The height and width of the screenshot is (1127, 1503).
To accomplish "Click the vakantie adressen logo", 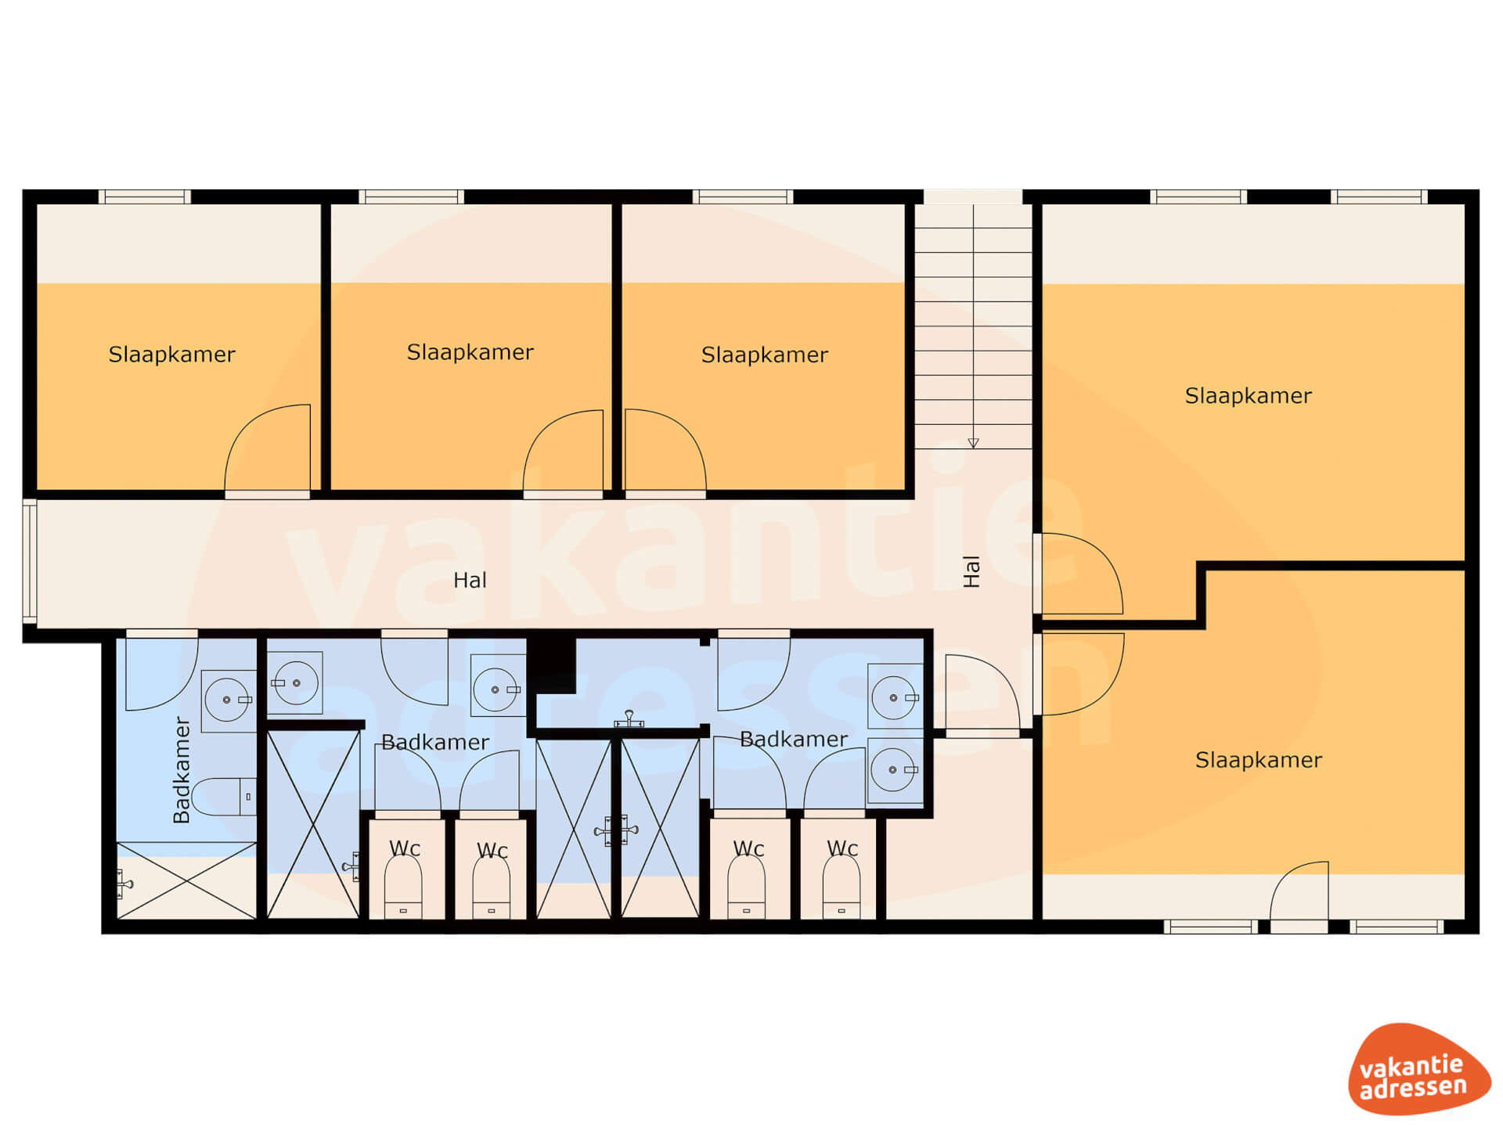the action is coord(1418,1068).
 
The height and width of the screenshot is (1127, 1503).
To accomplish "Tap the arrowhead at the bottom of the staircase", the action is coord(973,443).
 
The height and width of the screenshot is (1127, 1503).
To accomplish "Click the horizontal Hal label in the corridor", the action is coord(470,580).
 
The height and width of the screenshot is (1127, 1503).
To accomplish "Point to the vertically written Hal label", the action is coord(971,571).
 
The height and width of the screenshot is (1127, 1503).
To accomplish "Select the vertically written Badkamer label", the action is coord(181,770).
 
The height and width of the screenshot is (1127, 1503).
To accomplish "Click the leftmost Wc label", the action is coord(405,848).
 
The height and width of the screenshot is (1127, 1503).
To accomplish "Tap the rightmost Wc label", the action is coord(842,848).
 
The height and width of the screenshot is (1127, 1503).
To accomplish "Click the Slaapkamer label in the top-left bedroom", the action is coord(171,355).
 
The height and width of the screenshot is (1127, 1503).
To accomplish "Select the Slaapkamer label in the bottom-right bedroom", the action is coord(1258,760).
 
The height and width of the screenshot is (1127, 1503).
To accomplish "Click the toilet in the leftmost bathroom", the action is coord(224,797).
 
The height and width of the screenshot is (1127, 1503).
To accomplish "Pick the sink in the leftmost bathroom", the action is coord(229,700).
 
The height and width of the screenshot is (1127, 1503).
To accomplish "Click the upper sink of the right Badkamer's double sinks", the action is coord(895,697).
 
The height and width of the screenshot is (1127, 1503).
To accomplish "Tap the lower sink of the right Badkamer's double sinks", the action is coord(895,769).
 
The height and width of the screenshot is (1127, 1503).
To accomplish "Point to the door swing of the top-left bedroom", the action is coord(267,448).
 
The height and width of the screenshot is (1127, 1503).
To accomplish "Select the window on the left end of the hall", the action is coord(30,562).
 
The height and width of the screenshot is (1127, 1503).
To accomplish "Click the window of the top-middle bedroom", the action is coord(411,196).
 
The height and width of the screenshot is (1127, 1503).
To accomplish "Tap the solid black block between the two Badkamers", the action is coord(551,665).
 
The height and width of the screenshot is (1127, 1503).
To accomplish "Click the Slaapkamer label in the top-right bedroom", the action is coord(1248,396).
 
